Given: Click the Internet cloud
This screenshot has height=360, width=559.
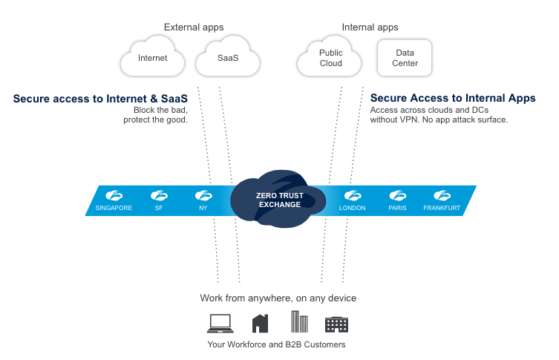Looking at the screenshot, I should [x=153, y=58].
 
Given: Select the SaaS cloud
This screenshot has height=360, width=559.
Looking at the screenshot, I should [x=228, y=58].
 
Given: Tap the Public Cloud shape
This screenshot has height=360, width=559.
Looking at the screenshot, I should [x=330, y=58].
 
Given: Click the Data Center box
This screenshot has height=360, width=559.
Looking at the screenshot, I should [x=405, y=58].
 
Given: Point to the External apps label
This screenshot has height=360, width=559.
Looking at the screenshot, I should [x=194, y=27].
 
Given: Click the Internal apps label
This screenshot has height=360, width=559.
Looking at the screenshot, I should [x=370, y=27].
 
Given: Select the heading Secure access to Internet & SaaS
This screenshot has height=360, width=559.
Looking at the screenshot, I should [x=100, y=98].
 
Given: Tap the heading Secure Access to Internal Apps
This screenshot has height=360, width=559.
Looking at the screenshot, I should [x=453, y=98].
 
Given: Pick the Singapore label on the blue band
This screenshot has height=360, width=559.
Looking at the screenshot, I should [x=114, y=208].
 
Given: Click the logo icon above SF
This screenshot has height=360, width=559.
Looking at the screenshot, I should [x=159, y=196].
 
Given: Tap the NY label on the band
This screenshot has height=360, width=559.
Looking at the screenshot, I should [x=203, y=208].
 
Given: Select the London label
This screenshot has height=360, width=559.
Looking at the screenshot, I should [x=352, y=208].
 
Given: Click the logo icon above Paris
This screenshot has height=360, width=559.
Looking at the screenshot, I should [x=397, y=196].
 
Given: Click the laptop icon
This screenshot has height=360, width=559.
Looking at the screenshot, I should [x=220, y=323].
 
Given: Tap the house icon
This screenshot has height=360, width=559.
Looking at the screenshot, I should [x=260, y=323].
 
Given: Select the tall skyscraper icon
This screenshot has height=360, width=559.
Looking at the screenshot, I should [x=299, y=321].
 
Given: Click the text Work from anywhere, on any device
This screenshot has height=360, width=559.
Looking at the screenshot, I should [x=278, y=298].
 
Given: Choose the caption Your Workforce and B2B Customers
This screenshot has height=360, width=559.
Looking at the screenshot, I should [x=276, y=344].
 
